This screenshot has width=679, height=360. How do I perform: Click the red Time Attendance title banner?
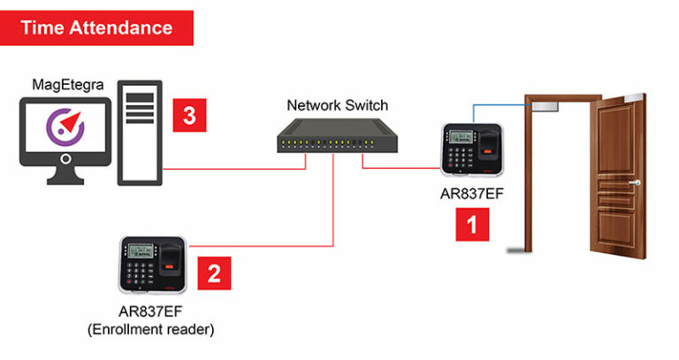coord(96,27)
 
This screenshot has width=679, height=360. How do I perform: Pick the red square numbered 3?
coord(189,114)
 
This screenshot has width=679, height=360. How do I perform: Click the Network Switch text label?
coord(337,105)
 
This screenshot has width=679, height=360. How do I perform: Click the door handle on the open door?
coord(634,183)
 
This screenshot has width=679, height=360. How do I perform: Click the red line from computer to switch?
coord(230,166)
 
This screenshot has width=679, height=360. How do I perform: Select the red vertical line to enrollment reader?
coord(333,203)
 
